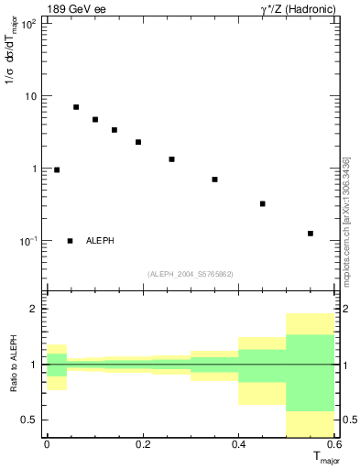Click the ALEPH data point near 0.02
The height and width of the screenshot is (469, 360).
click(x=57, y=169)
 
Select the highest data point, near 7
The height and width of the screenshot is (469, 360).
click(x=76, y=107)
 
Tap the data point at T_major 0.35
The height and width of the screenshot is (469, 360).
click(x=214, y=180)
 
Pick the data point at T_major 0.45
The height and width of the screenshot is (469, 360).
click(x=263, y=203)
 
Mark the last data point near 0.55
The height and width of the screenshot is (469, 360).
click(x=311, y=234)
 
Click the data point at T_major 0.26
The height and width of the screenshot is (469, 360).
click(x=171, y=159)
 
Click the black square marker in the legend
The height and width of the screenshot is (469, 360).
click(x=71, y=241)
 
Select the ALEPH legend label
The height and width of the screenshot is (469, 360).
click(x=100, y=241)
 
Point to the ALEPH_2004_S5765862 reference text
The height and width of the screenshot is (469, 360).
click(x=191, y=274)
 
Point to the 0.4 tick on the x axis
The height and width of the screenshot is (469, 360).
click(x=238, y=444)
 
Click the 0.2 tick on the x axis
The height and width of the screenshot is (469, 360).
click(x=142, y=444)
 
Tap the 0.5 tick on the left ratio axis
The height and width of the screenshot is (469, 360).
click(x=32, y=420)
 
